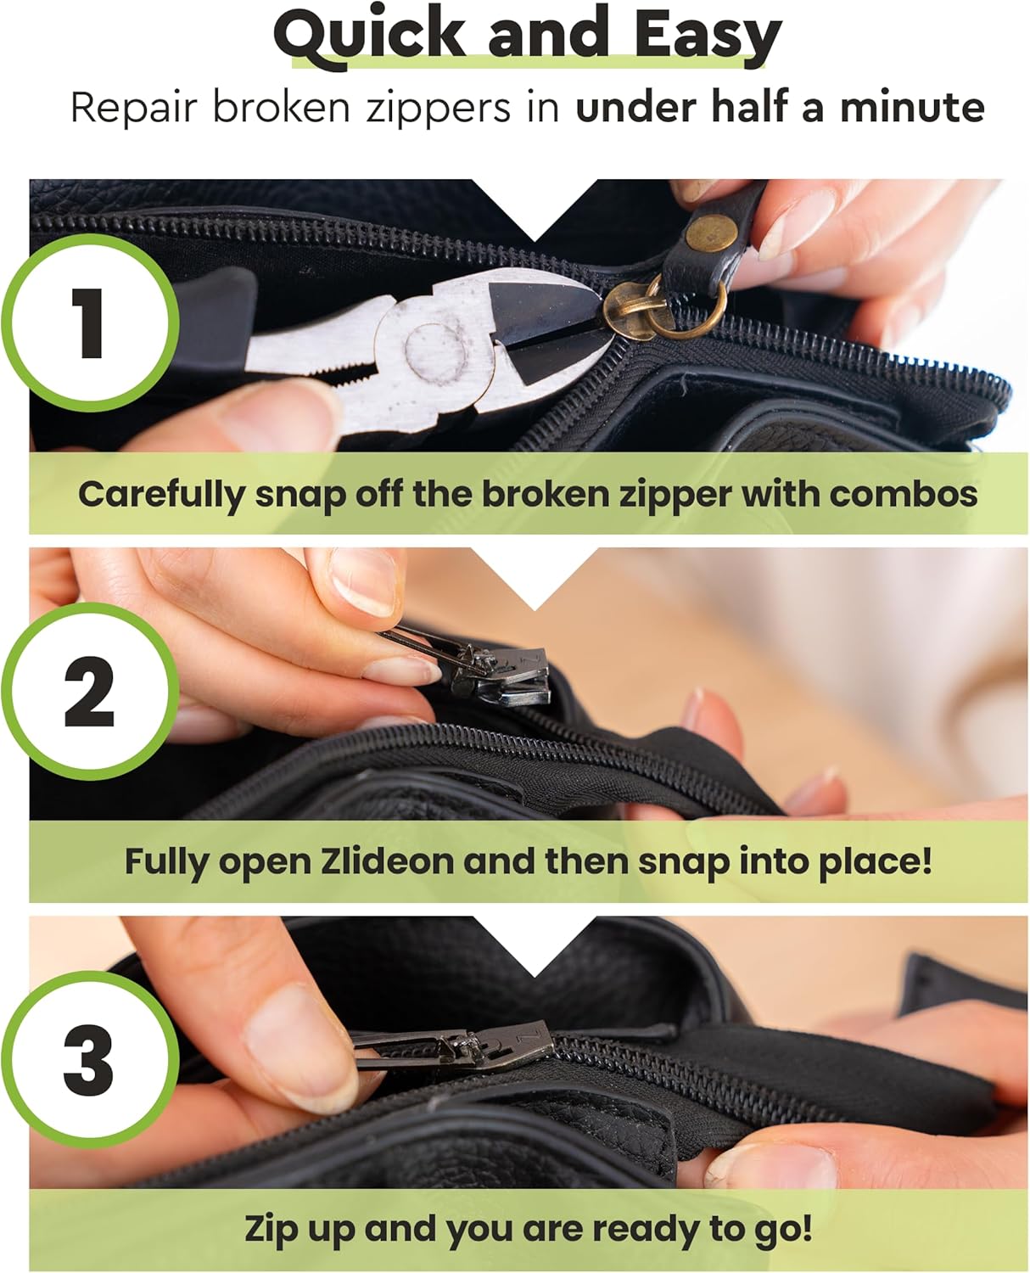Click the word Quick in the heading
point(369,36)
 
